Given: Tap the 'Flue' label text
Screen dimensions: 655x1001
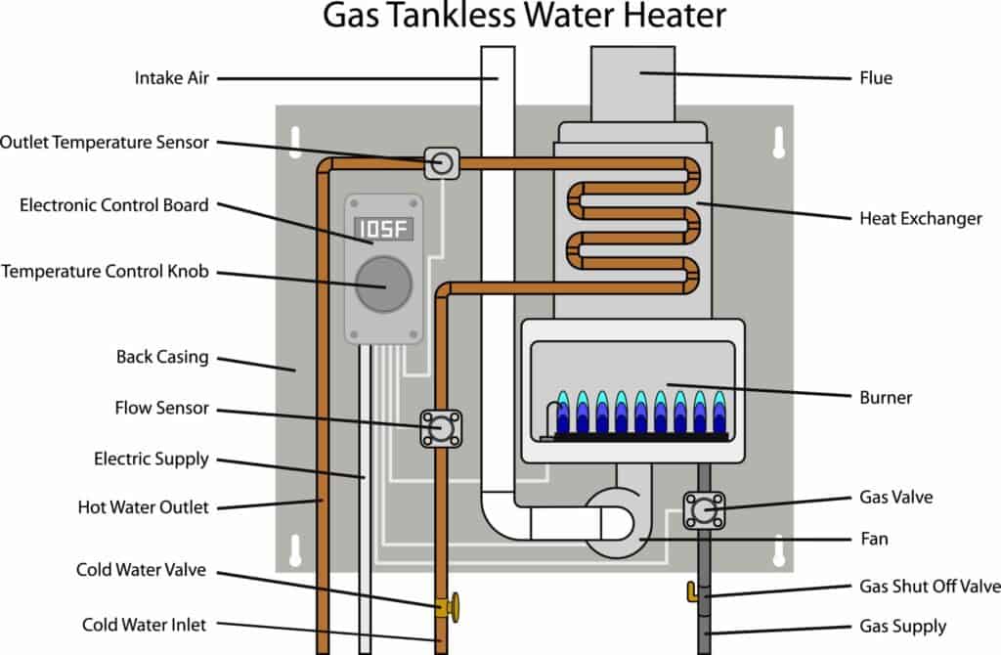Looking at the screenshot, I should coord(875,77).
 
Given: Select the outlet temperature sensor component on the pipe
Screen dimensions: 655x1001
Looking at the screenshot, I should coord(441,162).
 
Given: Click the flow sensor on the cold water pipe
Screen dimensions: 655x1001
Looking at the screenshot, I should coord(441,428).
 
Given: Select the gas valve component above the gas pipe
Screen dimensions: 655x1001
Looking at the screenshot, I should coord(702,508).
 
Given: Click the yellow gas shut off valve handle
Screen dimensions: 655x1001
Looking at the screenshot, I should coord(693,590).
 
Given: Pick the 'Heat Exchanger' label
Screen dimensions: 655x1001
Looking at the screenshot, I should coord(920,218).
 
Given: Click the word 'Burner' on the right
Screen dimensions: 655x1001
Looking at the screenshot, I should coord(885,398).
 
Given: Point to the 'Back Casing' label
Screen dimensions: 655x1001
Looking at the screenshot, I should coord(162,357).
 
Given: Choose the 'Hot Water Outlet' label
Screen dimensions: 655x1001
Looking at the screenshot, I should coord(143,507).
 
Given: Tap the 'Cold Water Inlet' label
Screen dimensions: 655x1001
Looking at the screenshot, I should coord(145,625).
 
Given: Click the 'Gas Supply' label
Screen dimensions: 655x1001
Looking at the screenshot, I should coord(902,626).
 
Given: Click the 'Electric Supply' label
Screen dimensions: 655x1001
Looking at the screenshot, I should coord(152,458).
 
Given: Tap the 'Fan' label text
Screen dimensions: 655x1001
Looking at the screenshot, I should coord(874,538).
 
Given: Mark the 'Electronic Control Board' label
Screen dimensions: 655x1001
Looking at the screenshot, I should coord(114,205).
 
